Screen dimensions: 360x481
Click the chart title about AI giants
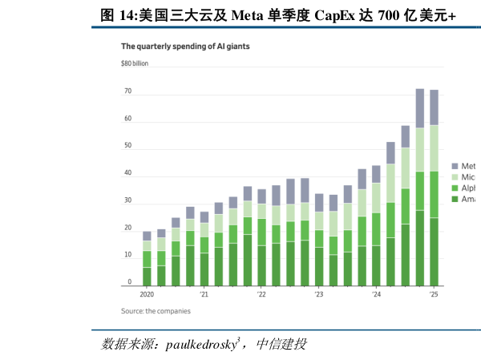185,47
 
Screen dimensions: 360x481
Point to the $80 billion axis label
140,63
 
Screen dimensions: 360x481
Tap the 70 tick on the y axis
127,91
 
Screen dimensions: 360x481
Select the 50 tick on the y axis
127,147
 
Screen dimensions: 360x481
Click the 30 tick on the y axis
127,200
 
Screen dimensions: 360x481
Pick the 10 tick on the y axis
127,255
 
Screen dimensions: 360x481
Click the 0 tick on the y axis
129,282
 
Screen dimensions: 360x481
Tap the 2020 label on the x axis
147,295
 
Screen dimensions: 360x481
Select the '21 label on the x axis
204,295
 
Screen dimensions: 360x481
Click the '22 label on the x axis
261,295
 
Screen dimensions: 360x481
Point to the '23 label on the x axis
318,295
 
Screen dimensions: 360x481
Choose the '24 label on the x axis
376,295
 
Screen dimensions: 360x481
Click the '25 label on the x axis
433,295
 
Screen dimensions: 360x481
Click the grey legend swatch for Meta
455,166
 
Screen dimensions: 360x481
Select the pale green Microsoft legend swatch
455,176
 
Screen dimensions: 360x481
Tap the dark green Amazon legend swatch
455,199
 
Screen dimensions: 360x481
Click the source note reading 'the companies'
156,311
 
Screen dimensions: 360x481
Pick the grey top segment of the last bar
434,107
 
